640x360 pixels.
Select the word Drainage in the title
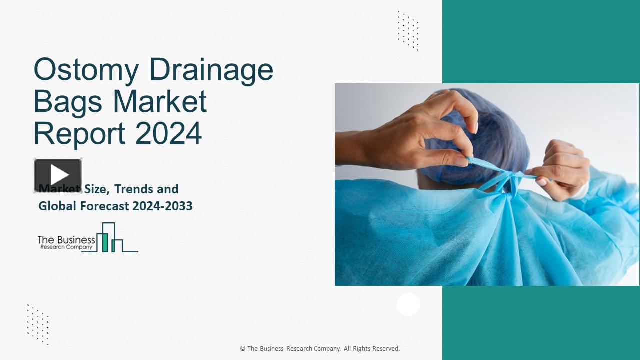(x=211, y=70)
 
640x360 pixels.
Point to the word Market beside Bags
(x=160, y=101)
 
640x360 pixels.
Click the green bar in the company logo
(x=105, y=242)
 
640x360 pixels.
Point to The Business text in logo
(x=66, y=240)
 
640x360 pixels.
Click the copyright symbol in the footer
(x=242, y=349)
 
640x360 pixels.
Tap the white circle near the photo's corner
(x=408, y=304)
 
